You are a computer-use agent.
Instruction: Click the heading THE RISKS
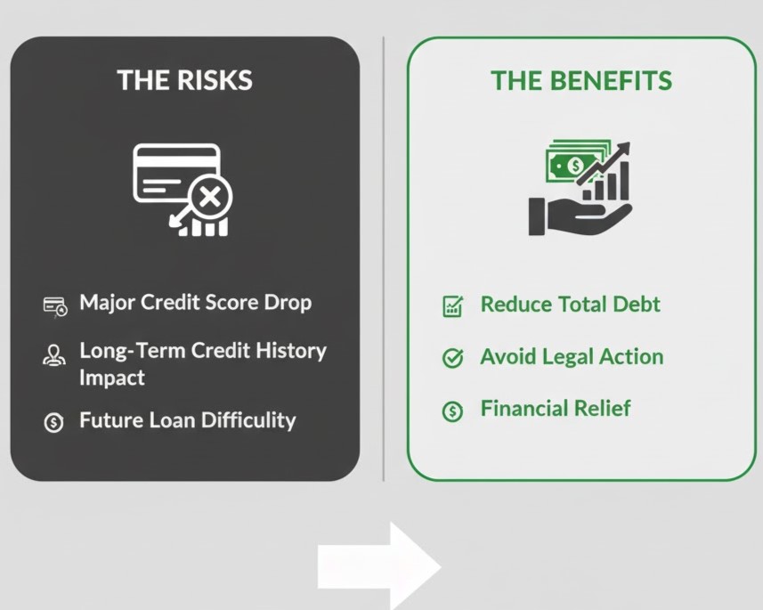[x=184, y=80]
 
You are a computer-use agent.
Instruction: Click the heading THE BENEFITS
[x=581, y=81]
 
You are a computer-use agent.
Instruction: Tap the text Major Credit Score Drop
[x=196, y=302]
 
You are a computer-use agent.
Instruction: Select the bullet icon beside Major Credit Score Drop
[x=54, y=306]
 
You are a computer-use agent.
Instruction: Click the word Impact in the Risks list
[x=111, y=377]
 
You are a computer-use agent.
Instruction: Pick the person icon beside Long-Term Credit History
[x=53, y=355]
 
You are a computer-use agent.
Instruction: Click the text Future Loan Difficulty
[x=187, y=419]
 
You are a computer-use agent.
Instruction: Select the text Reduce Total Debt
[x=570, y=304]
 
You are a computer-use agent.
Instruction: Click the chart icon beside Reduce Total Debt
[x=452, y=307]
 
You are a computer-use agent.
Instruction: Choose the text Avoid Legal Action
[x=572, y=356]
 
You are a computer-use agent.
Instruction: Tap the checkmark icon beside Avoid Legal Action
[x=452, y=359]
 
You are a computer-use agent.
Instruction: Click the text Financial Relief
[x=555, y=408]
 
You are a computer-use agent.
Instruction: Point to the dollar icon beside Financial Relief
[x=452, y=411]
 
